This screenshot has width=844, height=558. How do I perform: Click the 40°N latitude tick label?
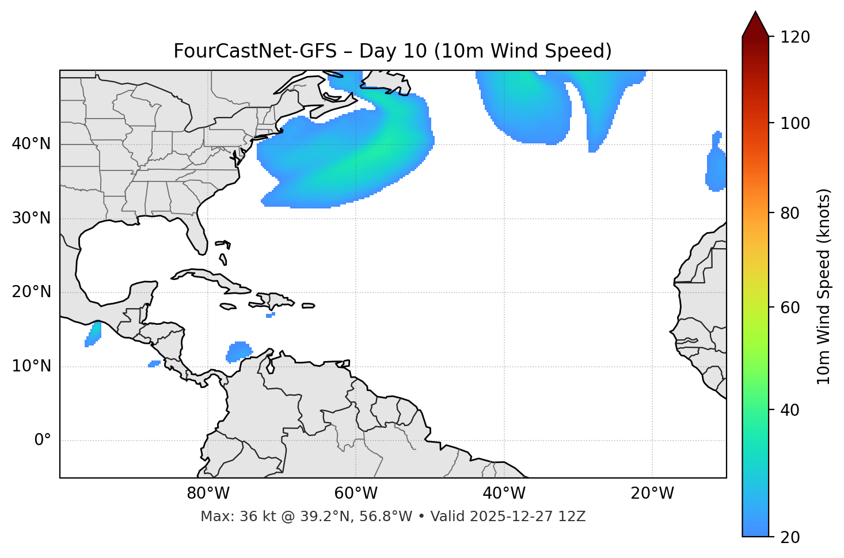point(31,144)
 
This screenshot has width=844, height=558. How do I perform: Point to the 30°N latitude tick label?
point(31,218)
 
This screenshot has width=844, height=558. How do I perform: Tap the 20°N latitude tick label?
point(31,292)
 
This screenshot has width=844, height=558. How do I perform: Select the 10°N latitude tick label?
point(31,366)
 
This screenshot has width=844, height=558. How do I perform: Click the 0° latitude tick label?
point(43,441)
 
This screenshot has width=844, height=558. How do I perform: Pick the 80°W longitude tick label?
point(208,494)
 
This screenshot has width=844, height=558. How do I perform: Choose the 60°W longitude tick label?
point(356,494)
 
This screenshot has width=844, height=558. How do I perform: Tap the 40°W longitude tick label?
point(504,494)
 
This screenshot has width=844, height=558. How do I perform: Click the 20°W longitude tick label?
point(652,494)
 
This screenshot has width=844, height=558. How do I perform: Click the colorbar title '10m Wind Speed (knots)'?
point(824,286)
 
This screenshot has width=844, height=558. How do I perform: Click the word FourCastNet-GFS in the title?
point(254,51)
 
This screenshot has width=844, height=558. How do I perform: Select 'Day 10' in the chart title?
point(393,51)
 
